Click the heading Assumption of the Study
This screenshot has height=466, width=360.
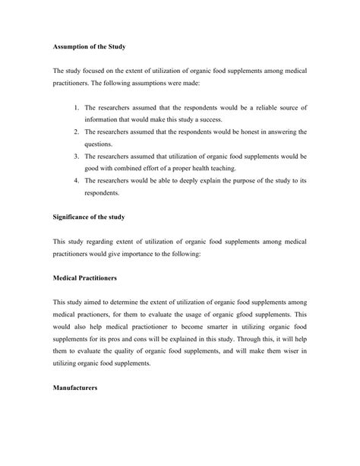pyautogui.click(x=93, y=47)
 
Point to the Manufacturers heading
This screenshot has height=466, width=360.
pyautogui.click(x=80, y=387)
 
